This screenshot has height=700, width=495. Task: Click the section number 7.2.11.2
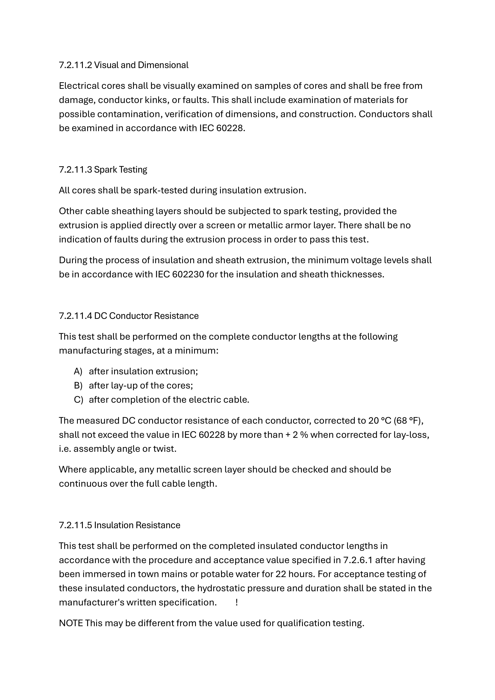(x=75, y=65)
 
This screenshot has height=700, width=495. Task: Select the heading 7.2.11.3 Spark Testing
(x=103, y=169)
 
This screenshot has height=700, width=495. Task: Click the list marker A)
(x=78, y=371)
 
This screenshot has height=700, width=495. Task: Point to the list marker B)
(x=78, y=386)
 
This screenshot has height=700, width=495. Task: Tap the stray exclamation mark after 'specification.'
(x=237, y=602)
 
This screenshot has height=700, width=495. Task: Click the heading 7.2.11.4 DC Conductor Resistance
(x=129, y=316)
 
